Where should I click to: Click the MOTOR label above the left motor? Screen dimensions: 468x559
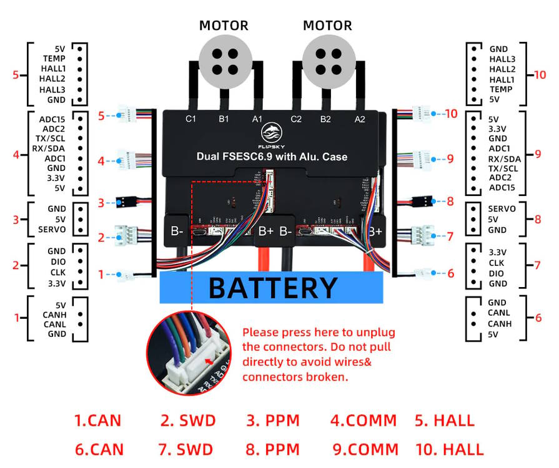click(224, 26)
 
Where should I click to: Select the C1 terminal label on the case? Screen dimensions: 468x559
click(191, 118)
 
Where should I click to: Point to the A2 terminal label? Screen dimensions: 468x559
click(360, 119)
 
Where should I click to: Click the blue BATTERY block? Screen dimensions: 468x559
click(272, 288)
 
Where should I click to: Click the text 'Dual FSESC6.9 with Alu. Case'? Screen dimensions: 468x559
click(272, 157)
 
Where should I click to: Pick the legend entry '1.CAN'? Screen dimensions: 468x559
click(97, 421)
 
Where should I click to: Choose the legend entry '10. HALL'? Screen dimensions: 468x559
click(450, 449)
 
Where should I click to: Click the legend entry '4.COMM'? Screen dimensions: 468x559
click(364, 421)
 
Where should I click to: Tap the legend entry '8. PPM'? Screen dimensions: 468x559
click(272, 449)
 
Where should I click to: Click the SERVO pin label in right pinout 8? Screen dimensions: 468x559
click(502, 209)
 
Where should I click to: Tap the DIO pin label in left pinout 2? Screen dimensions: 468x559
click(57, 262)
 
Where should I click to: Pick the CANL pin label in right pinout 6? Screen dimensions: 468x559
click(499, 313)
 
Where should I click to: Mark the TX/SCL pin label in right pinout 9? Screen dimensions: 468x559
click(503, 168)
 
